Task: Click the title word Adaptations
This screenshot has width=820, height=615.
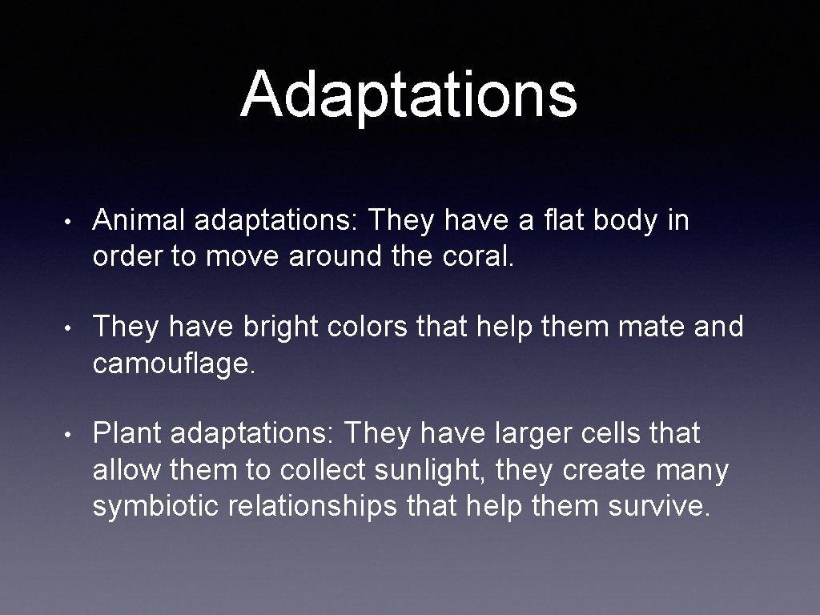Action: pos(408,94)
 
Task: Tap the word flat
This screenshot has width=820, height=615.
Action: pos(561,220)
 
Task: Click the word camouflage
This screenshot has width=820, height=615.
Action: pos(174,365)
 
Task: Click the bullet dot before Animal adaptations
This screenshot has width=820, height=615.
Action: pos(71,222)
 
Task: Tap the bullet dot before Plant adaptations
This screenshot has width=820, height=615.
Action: pos(71,435)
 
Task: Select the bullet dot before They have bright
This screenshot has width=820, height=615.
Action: pos(71,328)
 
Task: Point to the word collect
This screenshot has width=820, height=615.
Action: pos(317,471)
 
